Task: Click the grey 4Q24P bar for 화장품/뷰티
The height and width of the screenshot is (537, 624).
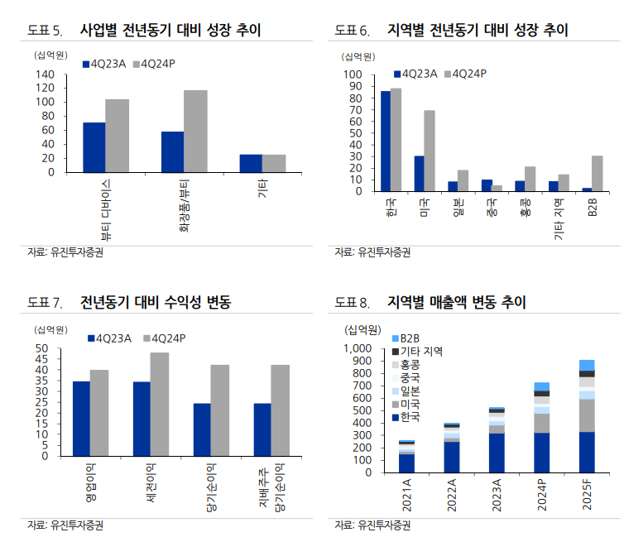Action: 195,132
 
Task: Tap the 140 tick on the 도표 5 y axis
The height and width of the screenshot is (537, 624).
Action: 45,74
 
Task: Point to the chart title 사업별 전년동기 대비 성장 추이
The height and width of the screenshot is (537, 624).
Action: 170,31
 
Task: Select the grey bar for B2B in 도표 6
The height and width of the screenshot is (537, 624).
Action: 597,173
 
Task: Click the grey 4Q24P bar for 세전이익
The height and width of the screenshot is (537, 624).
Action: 159,404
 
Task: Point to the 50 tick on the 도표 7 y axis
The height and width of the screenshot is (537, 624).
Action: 42,349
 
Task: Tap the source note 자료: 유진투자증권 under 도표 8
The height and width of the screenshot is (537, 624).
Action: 372,525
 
